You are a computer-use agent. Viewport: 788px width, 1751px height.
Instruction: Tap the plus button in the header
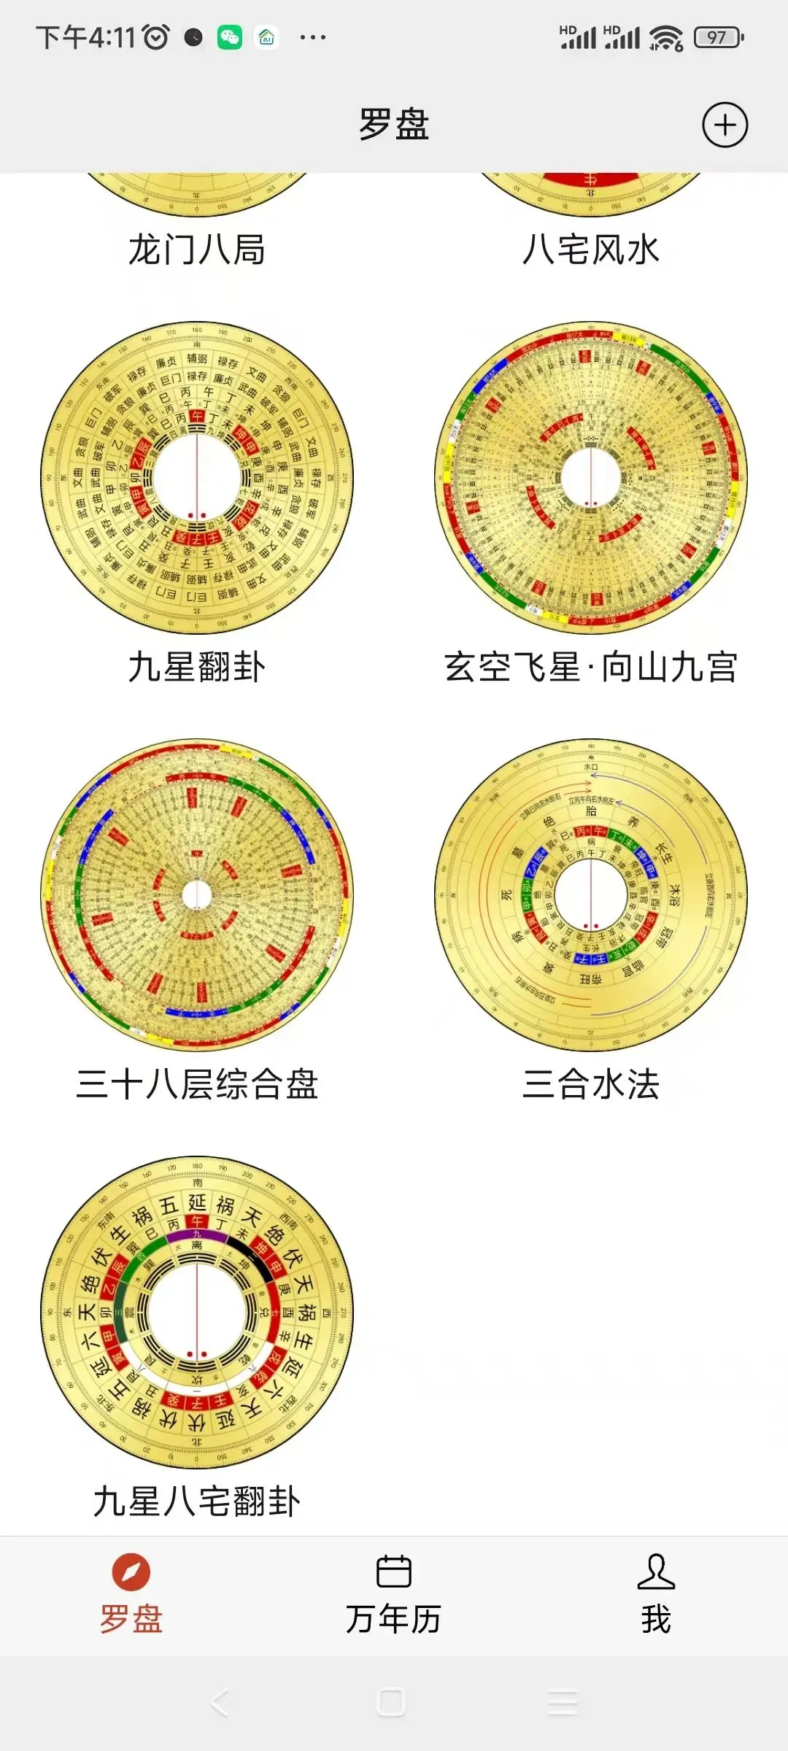[x=725, y=125]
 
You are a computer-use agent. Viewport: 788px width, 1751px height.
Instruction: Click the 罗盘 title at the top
[x=394, y=124]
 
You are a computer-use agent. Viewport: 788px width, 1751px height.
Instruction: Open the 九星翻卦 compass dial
[x=197, y=478]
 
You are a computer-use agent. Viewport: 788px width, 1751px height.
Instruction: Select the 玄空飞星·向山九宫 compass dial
[x=591, y=478]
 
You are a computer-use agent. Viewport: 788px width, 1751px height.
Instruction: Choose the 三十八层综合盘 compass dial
[x=197, y=895]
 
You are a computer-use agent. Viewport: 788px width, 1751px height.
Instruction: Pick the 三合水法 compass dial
[x=591, y=895]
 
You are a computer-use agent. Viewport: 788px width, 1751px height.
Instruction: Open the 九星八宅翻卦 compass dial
[x=197, y=1313]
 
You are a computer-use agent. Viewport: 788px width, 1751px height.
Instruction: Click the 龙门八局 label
[x=197, y=250]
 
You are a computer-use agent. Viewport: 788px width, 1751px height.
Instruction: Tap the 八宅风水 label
[x=591, y=250]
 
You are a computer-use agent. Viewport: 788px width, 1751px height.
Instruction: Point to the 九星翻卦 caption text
[x=197, y=667]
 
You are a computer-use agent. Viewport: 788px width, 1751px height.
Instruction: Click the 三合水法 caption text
[x=591, y=1084]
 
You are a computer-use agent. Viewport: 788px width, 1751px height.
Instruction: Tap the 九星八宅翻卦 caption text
[x=197, y=1501]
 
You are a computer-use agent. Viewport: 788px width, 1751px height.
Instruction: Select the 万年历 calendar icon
[x=394, y=1572]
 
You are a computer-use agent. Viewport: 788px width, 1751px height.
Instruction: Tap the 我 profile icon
[x=656, y=1572]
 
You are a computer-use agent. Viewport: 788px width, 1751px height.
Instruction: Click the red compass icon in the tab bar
[x=131, y=1572]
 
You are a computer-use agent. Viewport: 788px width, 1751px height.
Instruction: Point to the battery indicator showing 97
[x=719, y=37]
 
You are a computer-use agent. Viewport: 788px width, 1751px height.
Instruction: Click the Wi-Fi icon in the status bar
[x=666, y=37]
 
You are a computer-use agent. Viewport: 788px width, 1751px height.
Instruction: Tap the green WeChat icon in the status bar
[x=230, y=37]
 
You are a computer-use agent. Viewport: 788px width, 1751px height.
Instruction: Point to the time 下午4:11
[x=86, y=37]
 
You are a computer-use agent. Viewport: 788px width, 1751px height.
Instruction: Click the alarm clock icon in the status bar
[x=156, y=37]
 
